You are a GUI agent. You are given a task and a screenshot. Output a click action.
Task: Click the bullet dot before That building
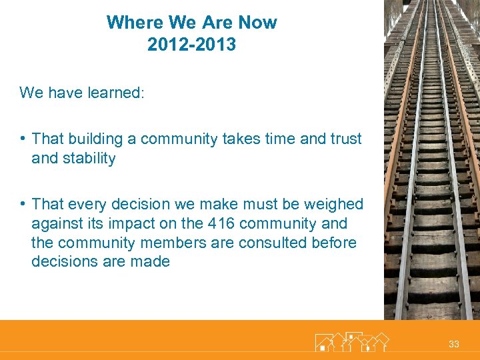click(x=23, y=139)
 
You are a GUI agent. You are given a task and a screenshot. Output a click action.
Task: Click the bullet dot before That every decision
click(x=23, y=203)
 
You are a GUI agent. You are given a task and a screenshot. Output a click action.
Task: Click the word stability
click(x=89, y=159)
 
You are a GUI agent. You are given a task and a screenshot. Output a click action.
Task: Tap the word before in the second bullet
click(x=334, y=243)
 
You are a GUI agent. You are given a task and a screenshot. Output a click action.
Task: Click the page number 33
click(x=454, y=344)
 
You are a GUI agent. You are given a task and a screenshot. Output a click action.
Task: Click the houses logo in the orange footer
click(x=351, y=341)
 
